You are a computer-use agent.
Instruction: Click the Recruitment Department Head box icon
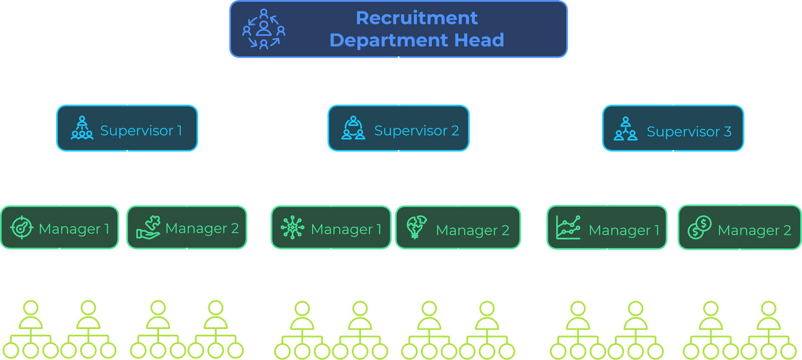[x=264, y=29]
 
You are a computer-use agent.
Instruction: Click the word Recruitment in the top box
[x=417, y=18]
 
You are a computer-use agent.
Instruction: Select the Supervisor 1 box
[x=127, y=128]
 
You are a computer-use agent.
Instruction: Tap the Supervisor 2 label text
[x=417, y=131]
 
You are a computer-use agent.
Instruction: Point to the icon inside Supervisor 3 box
[x=626, y=129]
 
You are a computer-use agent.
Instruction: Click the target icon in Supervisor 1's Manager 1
[x=22, y=228]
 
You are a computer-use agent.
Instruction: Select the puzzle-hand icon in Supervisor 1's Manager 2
[x=148, y=228]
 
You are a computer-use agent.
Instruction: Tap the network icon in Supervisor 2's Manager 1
[x=292, y=228]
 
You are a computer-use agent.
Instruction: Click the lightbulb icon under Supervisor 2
[x=416, y=227]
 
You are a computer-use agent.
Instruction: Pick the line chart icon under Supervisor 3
[x=568, y=228]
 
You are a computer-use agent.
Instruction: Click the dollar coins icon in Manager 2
[x=700, y=228]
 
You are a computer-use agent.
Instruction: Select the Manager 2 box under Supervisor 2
[x=458, y=228]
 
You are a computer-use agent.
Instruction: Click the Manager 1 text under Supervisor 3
[x=624, y=230]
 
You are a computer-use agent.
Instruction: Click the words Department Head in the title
[x=417, y=40]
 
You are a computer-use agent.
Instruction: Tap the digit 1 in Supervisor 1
[x=179, y=131]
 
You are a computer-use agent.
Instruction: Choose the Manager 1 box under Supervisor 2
[x=331, y=228]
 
